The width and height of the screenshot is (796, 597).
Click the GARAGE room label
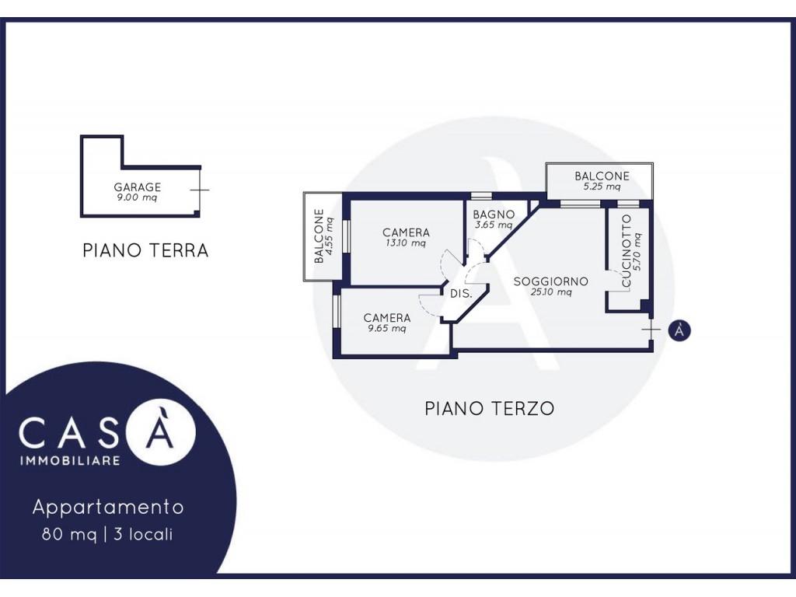(137, 187)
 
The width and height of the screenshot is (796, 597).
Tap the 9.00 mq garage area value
(137, 197)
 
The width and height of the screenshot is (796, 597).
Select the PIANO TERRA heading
(145, 250)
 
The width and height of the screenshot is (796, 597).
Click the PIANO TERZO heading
(490, 408)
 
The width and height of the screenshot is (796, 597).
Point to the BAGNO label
(494, 215)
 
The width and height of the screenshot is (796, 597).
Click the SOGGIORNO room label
(551, 281)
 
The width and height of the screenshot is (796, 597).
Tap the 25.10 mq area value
(551, 292)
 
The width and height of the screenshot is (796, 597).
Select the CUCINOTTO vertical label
(626, 251)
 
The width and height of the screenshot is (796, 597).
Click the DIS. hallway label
(461, 293)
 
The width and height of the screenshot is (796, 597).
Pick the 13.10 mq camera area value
(406, 243)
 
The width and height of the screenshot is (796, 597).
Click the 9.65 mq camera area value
(387, 329)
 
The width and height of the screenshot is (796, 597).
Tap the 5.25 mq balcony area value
(602, 187)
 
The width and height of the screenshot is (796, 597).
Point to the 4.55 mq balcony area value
(330, 236)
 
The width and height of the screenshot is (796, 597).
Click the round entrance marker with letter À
(679, 330)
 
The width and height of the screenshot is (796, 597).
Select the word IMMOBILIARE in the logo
(69, 460)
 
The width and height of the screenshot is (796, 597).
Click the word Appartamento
(108, 507)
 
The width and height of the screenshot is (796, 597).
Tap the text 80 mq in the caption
(69, 534)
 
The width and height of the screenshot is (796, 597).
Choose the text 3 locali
(143, 534)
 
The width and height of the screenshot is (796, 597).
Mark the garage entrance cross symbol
(200, 190)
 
